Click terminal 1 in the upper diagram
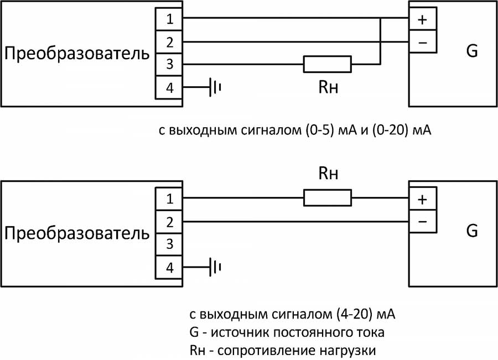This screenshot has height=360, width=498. [x=169, y=19]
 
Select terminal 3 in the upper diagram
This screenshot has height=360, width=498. [x=169, y=65]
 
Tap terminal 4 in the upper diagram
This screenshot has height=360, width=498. [x=169, y=87]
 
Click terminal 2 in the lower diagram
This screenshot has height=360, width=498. [x=169, y=222]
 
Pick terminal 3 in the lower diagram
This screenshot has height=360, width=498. [x=169, y=244]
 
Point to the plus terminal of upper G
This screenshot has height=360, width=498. [x=422, y=20]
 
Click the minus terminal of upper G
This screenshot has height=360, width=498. [x=422, y=42]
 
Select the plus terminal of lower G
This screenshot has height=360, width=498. [x=422, y=200]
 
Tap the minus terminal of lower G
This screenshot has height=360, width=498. [x=422, y=222]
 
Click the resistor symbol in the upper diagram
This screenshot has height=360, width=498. [x=327, y=64]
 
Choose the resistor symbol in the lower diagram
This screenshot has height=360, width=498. [x=327, y=198]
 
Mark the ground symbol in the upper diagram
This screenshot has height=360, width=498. [x=215, y=87]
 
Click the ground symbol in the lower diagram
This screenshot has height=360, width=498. [x=215, y=267]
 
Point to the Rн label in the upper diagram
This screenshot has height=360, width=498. [x=328, y=87]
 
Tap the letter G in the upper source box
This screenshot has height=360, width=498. [x=471, y=51]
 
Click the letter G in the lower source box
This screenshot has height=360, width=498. [x=471, y=231]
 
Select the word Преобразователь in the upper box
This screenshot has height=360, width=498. [x=77, y=54]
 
